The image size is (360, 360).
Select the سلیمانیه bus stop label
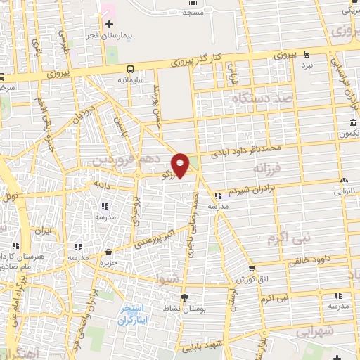pyautogui.click(x=131, y=80)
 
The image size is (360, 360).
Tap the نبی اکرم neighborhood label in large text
pyautogui.click(x=288, y=238)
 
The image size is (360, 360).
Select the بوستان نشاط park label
pyautogui.click(x=185, y=310)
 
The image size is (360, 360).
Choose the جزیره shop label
pyautogui.click(x=108, y=263)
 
